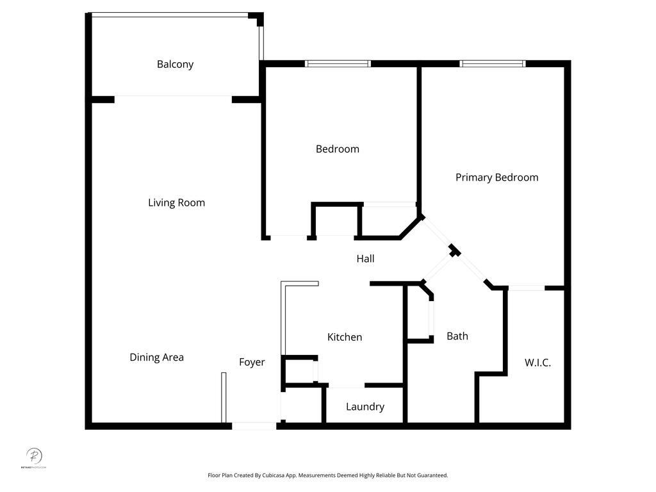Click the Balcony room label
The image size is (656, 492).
click(x=175, y=64)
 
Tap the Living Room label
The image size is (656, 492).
click(x=176, y=202)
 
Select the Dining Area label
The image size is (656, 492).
click(x=156, y=357)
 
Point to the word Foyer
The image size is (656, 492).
click(x=252, y=362)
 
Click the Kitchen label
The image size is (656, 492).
click(x=345, y=337)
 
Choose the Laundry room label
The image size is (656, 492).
click(x=365, y=407)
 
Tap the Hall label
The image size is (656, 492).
click(x=365, y=259)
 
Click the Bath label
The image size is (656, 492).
click(x=457, y=336)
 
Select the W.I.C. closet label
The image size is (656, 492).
click(x=537, y=363)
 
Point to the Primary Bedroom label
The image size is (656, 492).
click(x=496, y=177)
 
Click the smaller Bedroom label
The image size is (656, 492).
click(x=337, y=149)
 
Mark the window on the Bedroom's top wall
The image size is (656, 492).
click(x=338, y=63)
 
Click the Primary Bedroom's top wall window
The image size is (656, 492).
click(x=493, y=63)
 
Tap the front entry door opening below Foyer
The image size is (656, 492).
click(x=254, y=425)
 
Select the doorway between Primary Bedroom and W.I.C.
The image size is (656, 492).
click(x=527, y=288)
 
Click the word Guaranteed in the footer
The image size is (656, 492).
click(x=433, y=475)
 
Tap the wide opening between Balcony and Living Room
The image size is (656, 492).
click(x=173, y=98)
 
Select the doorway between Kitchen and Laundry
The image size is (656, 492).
click(x=347, y=386)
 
